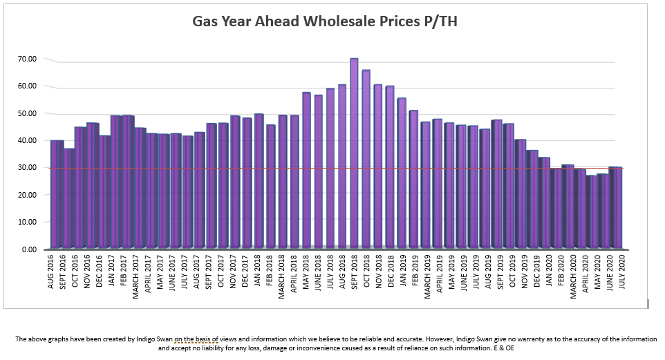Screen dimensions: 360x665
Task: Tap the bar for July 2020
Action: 615,207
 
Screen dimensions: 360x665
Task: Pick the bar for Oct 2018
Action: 366,159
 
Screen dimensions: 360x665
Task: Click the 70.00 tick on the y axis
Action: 27,59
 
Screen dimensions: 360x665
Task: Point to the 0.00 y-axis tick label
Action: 29,249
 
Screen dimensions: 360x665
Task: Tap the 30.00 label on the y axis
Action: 27,167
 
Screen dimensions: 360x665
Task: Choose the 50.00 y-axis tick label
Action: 27,113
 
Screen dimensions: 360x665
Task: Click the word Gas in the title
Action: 206,22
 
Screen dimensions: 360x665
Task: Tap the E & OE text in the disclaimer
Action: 503,348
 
